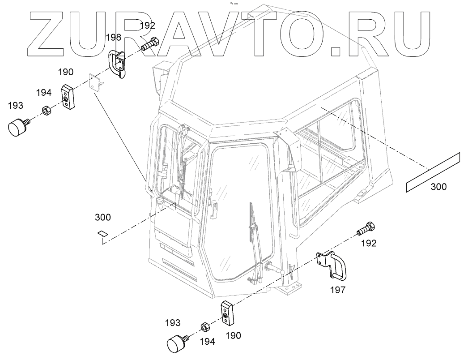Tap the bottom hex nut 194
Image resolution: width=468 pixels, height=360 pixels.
pos(202,326)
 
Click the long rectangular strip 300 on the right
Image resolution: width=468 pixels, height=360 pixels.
pos(433,172)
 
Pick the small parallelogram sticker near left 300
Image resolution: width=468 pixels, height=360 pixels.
pos(102,233)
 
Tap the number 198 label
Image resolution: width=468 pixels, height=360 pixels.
pos(114,38)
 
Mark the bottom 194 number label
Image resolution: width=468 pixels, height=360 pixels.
pos(207,342)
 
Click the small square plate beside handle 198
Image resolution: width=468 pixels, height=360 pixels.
pos(94,83)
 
